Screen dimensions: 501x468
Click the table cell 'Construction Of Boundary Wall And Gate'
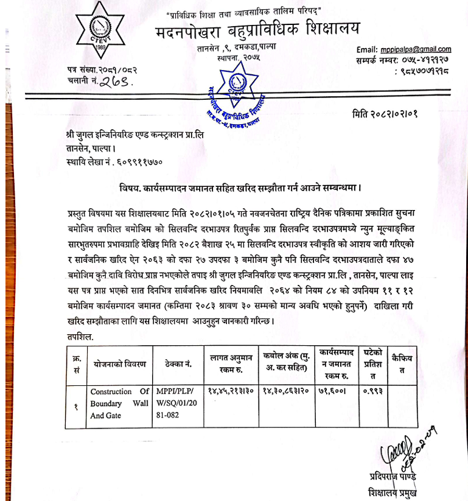(x=119, y=403)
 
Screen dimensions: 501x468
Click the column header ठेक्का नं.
(x=178, y=363)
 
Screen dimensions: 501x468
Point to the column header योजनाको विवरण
(x=119, y=363)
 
